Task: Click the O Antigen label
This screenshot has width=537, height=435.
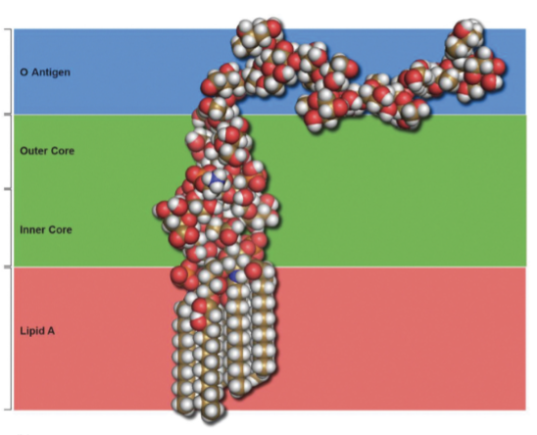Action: pos(45,72)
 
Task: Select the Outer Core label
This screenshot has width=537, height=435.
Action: pos(47,151)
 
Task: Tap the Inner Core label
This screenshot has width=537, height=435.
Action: pos(46,229)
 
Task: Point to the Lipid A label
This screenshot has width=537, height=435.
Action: pos(37,331)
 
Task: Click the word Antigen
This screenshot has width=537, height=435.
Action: pos(51,72)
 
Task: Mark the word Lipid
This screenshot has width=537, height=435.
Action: pos(29,331)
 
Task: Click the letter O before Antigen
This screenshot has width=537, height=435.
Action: pos(24,72)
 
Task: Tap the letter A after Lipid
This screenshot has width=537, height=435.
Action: pos(51,331)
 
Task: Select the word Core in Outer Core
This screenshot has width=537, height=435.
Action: pos(62,151)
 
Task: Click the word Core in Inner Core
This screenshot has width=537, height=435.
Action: pos(60,229)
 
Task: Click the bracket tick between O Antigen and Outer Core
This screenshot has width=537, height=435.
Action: pos(8,114)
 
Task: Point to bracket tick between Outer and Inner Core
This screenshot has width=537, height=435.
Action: pos(8,189)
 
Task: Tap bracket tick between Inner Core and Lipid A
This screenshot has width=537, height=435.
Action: pos(8,266)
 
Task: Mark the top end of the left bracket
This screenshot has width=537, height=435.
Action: pos(5,29)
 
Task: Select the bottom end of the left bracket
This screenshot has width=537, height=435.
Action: pos(5,410)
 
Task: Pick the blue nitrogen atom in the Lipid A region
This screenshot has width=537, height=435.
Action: pos(235,276)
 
